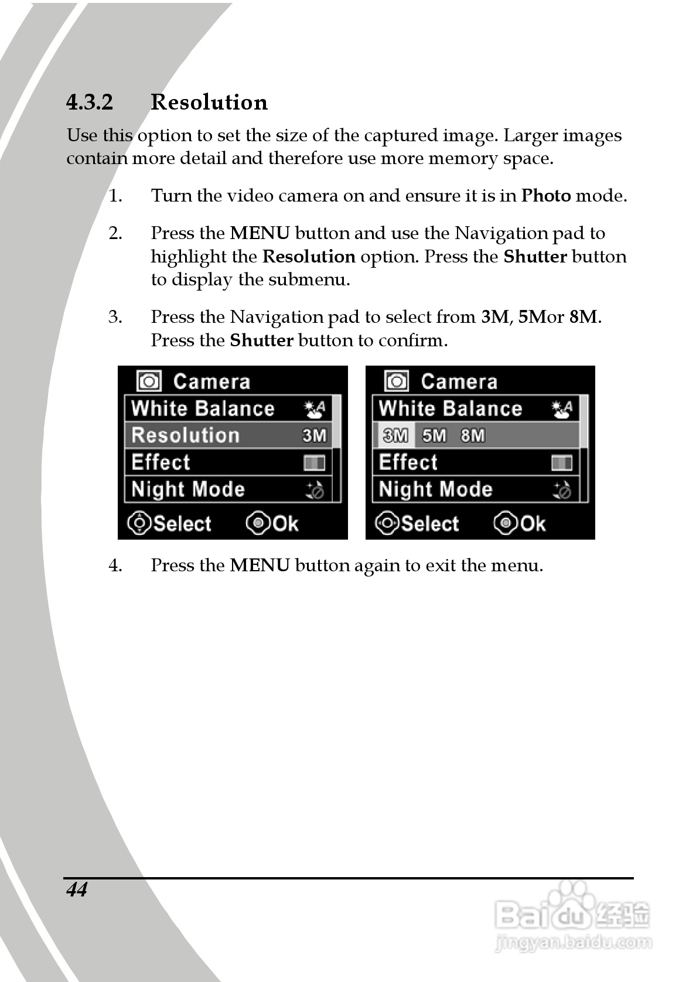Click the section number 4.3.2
click(90, 103)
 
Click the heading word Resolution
click(209, 103)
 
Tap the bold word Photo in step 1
click(546, 196)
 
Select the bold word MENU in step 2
click(260, 233)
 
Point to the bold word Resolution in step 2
click(309, 257)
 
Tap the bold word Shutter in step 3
click(261, 340)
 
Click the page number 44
click(77, 889)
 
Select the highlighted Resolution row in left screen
click(228, 435)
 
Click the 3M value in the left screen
click(314, 435)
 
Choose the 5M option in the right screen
click(434, 435)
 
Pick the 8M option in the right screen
click(473, 435)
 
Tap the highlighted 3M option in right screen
click(395, 435)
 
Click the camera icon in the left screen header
click(149, 381)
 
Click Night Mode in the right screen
click(435, 489)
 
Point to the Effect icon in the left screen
click(315, 463)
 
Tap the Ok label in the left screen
click(285, 523)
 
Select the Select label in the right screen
click(429, 523)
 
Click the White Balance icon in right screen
click(562, 408)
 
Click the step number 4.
click(115, 565)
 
